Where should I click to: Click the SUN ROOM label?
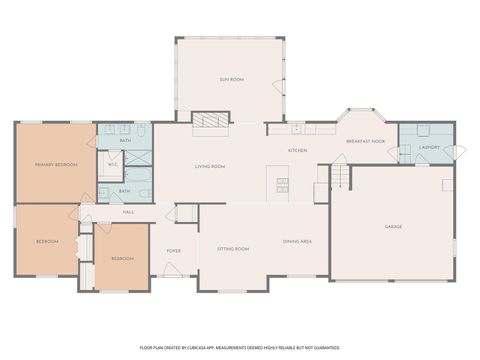click(x=232, y=78)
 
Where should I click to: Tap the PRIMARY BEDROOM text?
click(x=57, y=164)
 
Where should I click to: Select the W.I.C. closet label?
click(x=114, y=164)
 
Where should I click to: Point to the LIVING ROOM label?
click(x=209, y=166)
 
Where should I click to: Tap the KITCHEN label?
click(x=297, y=151)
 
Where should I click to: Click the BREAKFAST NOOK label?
click(x=366, y=142)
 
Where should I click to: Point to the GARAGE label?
click(x=394, y=227)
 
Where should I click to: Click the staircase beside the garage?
click(x=341, y=177)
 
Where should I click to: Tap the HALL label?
click(x=128, y=212)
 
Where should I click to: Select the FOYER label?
click(x=173, y=252)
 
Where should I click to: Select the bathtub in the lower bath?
click(x=143, y=189)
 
